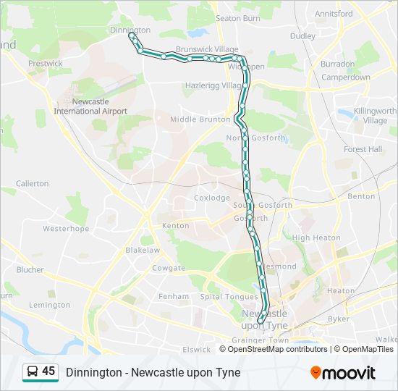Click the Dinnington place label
point(130,30)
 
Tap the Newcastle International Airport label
point(90,106)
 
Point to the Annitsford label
point(334,13)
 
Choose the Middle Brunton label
point(200,119)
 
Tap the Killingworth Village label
point(375,116)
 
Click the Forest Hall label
point(363,149)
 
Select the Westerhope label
point(65,228)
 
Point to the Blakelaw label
point(142,250)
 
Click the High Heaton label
point(316,237)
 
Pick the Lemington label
point(50,305)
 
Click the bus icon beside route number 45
point(33,372)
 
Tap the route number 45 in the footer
point(48,371)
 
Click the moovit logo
point(343,372)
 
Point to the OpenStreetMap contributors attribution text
point(278,349)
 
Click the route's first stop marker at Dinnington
point(131,35)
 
